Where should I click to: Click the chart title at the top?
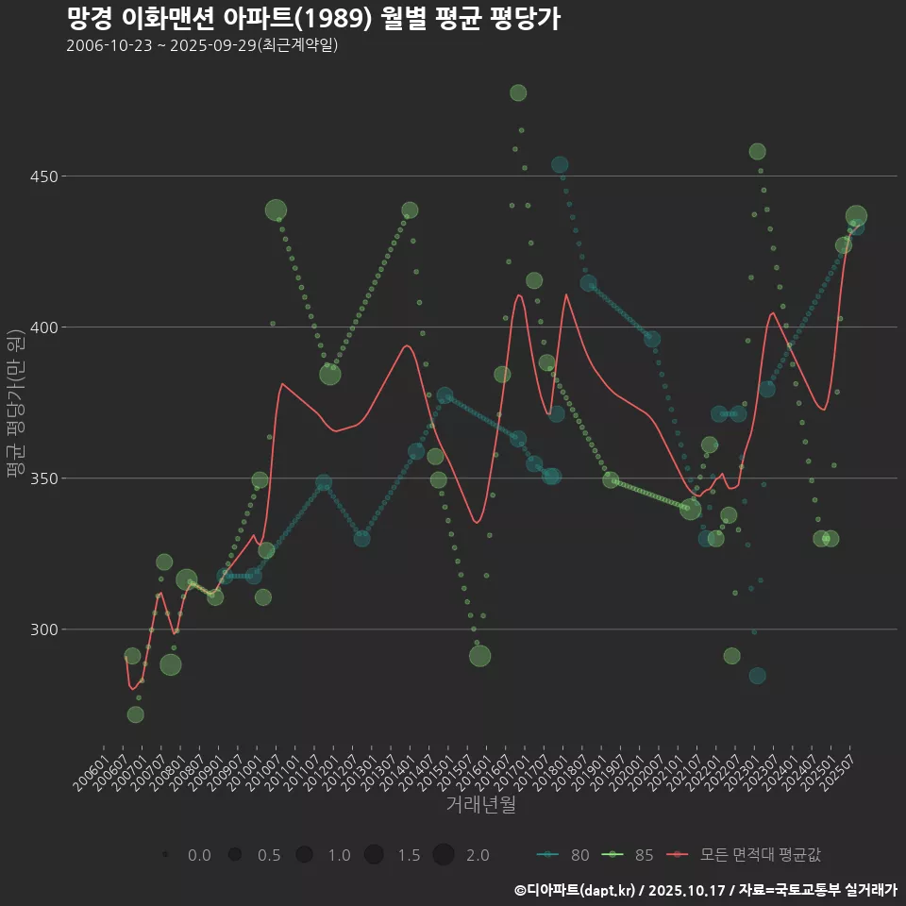click(314, 19)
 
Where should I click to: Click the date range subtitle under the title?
click(202, 45)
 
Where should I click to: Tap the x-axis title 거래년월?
click(480, 805)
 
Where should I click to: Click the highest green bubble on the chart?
click(518, 92)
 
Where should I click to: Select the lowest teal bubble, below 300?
click(757, 676)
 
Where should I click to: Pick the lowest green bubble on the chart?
click(136, 714)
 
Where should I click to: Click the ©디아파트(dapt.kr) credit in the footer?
click(577, 889)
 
